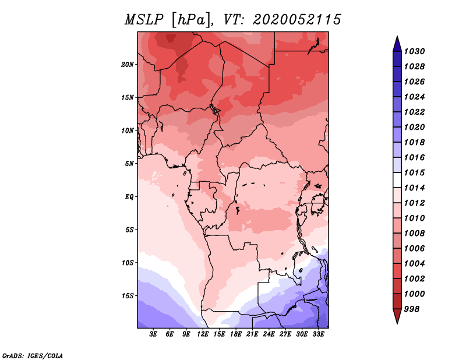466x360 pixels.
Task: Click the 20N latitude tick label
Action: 128,65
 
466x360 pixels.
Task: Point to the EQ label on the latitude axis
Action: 129,197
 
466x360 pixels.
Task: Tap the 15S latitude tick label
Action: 128,296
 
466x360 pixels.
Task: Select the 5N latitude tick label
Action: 129,164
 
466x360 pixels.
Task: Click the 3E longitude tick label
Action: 153,334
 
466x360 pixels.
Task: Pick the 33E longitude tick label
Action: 318,334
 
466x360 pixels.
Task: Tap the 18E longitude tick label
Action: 236,334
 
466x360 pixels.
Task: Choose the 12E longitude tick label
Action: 203,334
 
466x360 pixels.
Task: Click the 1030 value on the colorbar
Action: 415,51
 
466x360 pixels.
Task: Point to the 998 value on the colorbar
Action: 412,309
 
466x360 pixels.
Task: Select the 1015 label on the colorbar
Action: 415,172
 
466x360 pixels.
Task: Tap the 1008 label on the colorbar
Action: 415,234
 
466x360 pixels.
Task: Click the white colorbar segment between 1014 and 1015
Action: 397,180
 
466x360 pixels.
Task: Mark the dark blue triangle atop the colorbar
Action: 397,44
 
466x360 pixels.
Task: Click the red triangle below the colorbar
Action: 397,316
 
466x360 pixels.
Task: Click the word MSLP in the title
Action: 144,20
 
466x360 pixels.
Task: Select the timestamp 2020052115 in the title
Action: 297,20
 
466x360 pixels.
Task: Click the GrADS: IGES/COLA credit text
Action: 33,355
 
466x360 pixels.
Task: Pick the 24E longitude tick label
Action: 269,334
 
